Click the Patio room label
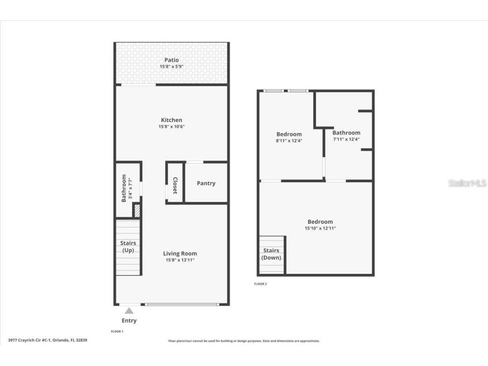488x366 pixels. point(172,60)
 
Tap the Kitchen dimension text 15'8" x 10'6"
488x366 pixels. point(172,126)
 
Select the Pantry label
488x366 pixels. point(206,183)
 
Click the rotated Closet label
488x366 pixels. point(175,186)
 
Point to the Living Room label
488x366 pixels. point(180,253)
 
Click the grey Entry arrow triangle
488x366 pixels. point(129,311)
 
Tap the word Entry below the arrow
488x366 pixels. point(129,321)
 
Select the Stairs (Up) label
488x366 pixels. point(128,247)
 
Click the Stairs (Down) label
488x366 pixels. point(271,254)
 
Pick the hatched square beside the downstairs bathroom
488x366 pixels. point(137,211)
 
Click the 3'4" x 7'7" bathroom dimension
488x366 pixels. point(130,188)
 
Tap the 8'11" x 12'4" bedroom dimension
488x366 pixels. point(289,141)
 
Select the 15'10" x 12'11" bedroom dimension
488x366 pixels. point(320,228)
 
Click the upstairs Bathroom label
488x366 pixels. point(346,133)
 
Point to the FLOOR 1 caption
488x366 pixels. point(117,331)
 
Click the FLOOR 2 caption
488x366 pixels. point(261,284)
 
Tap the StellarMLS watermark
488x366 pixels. point(467,183)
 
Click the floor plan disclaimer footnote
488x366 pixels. point(244,341)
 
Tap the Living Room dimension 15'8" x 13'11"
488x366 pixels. point(180,260)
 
